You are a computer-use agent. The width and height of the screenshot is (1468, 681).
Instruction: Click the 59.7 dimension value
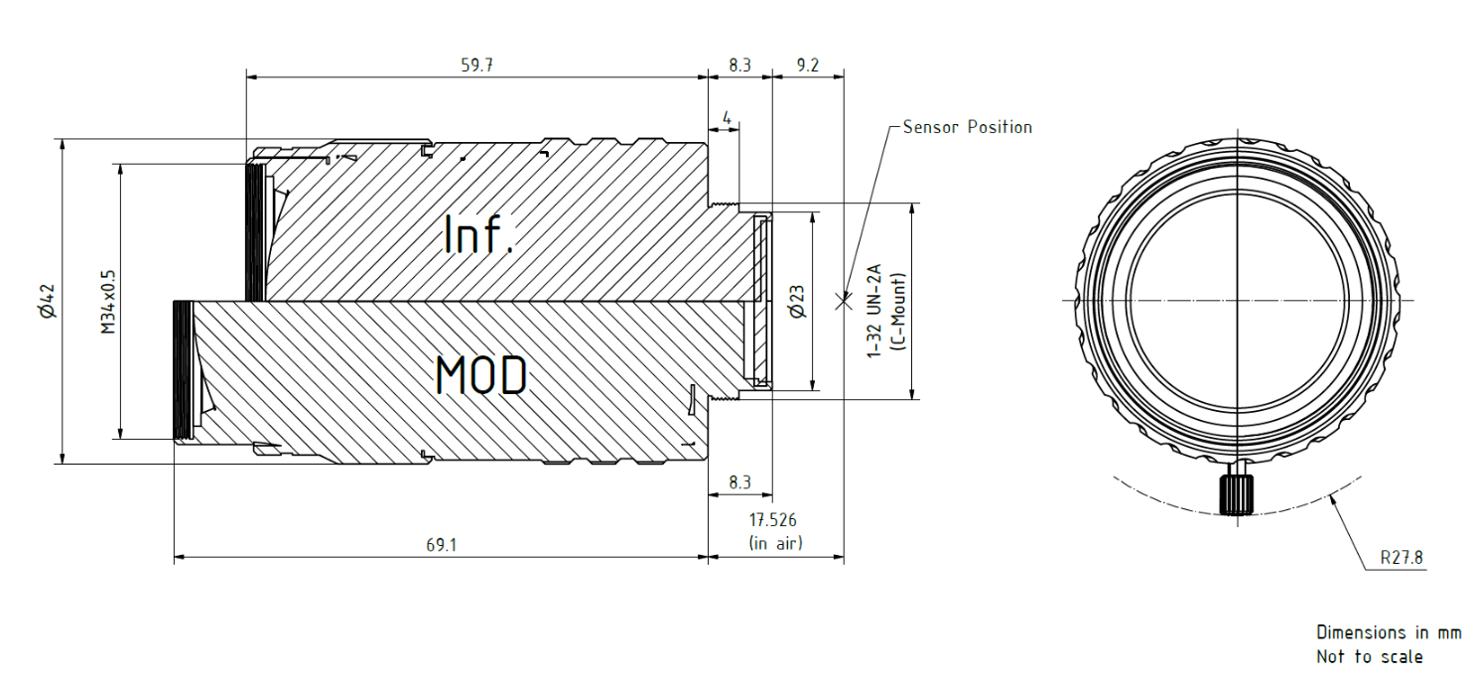pos(476,66)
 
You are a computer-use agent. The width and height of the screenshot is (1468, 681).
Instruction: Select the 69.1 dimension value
pos(441,545)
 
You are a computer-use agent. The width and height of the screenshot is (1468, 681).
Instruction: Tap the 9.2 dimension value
pos(807,66)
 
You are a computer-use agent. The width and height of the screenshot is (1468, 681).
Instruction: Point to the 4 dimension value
pos(727,118)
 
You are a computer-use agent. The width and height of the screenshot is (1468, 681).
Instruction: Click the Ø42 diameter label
pos(49,302)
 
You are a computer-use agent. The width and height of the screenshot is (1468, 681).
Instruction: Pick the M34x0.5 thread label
pos(108,302)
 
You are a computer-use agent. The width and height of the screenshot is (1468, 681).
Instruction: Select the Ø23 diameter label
pos(798,302)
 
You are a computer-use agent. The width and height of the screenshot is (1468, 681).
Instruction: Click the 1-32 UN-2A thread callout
pos(874,312)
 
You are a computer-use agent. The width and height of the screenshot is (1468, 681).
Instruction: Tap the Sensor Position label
pos(968,127)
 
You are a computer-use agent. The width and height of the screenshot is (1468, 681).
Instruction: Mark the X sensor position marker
pos(844,302)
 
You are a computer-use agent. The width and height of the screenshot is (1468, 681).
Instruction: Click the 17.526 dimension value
pos(772,520)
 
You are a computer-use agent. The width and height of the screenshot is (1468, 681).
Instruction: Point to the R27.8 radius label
pos(1401,558)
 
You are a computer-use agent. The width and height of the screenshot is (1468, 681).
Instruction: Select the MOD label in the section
pos(481,375)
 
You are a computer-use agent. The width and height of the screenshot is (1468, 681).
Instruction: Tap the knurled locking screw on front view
pos(1236,494)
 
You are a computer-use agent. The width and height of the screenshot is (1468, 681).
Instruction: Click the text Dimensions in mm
pos(1388,632)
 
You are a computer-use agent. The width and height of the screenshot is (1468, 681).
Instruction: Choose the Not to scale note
pos(1370,657)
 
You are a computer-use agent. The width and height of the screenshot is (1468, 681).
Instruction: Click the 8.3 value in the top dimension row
pos(739,66)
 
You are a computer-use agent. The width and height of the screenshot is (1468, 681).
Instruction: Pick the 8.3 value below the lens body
pos(739,482)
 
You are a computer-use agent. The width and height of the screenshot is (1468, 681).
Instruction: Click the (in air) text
pos(775,543)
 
